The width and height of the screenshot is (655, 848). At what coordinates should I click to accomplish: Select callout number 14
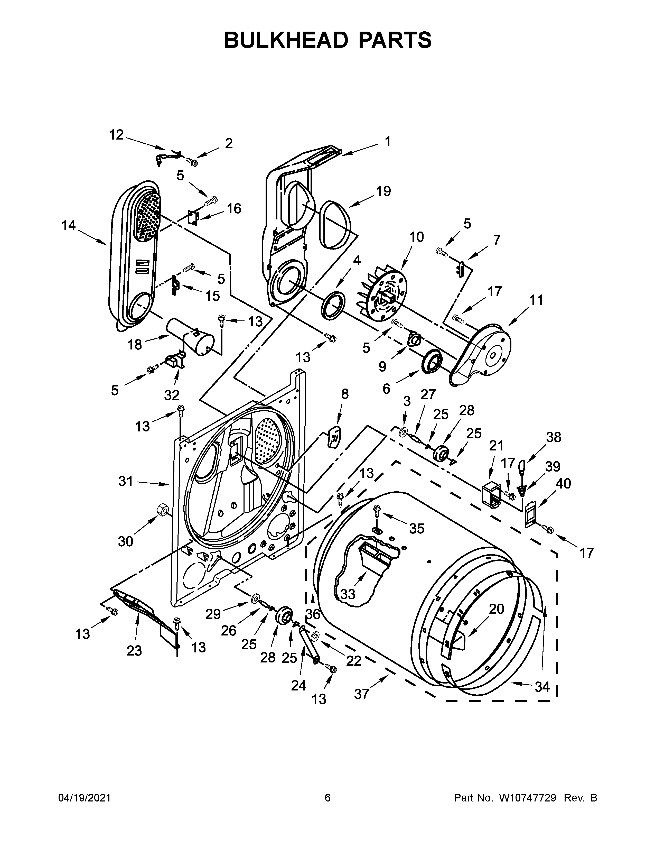pos(69,226)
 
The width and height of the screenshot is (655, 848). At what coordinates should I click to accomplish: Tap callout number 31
pos(126,482)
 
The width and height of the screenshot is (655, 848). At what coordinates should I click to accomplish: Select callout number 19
pos(383,191)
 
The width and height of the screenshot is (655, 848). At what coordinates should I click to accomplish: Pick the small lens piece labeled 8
pos(334,436)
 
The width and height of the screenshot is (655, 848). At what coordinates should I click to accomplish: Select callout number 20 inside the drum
pos(496,609)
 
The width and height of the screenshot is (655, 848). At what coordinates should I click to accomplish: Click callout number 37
pos(361,694)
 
